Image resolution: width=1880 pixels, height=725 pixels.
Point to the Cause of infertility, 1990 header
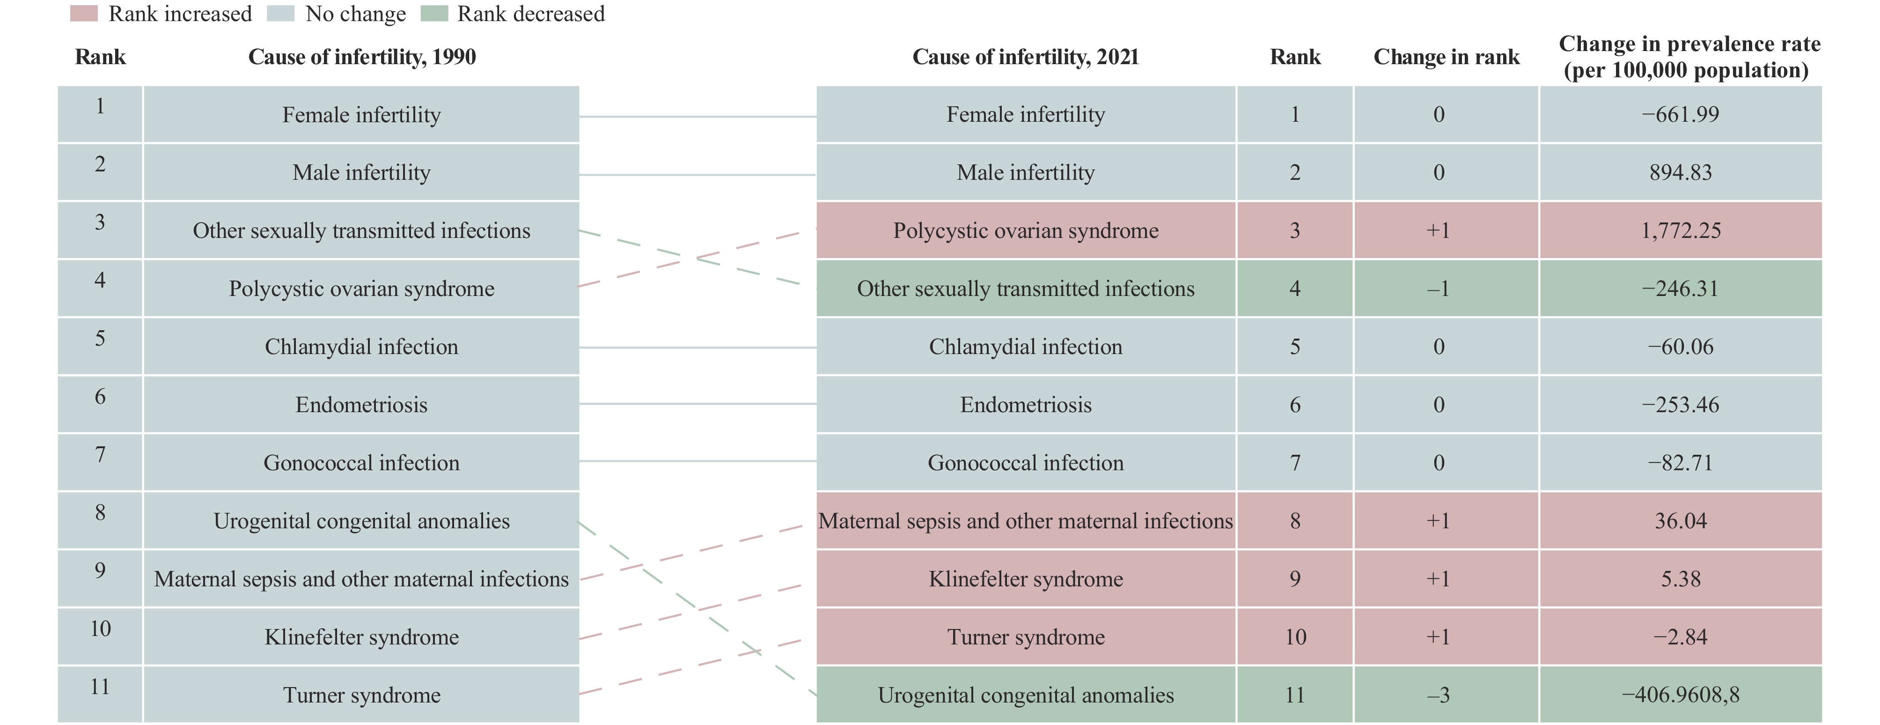point(362,57)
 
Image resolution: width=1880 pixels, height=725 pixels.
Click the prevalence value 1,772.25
point(1681,231)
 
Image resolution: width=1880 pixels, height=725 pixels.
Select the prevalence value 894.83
point(1681,172)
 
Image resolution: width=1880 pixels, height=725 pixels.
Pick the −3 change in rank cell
point(1439,695)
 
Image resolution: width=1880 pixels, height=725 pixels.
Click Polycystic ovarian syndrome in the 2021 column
point(1025,231)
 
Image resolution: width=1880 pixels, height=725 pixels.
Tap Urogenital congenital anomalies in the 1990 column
point(362,521)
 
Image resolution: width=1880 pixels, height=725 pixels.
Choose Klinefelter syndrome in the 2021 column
point(1025,579)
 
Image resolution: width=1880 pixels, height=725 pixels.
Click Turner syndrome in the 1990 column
point(362,695)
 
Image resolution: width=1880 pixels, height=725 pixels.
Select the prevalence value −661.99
point(1681,115)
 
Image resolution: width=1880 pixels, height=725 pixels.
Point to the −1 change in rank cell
point(1439,289)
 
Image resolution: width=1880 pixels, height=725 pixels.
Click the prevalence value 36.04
point(1681,521)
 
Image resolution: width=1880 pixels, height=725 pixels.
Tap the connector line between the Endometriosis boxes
point(698,404)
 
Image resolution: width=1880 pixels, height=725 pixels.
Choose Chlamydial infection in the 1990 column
point(362,347)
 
